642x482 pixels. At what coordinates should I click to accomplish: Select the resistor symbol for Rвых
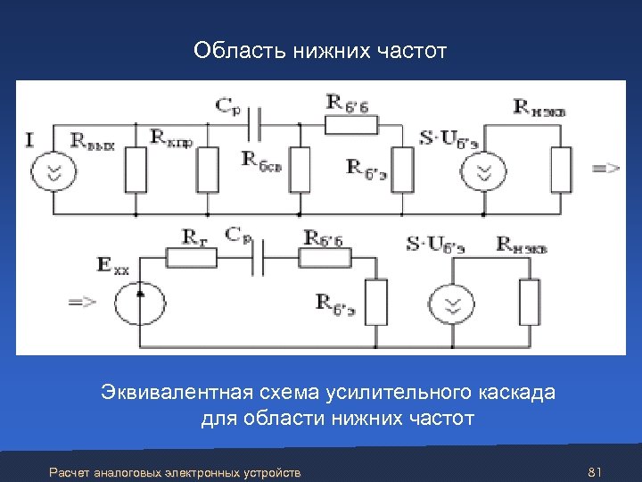tap(136, 170)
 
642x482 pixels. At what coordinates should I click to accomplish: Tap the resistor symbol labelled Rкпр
tap(208, 170)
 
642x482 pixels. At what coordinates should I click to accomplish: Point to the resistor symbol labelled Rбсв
tap(299, 170)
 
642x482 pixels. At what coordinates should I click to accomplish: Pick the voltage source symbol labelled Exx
tap(141, 302)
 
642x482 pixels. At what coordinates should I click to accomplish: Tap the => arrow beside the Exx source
tap(82, 303)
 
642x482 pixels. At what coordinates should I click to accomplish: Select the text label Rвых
tap(94, 141)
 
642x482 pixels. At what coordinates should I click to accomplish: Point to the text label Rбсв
tap(261, 160)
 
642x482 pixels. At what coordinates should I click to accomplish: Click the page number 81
tap(597, 471)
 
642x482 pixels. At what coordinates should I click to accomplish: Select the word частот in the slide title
tap(410, 53)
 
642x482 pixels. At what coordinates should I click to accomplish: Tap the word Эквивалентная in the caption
tap(169, 393)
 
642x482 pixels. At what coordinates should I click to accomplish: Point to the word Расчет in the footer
tap(68, 472)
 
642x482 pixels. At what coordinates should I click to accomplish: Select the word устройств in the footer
tap(271, 472)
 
